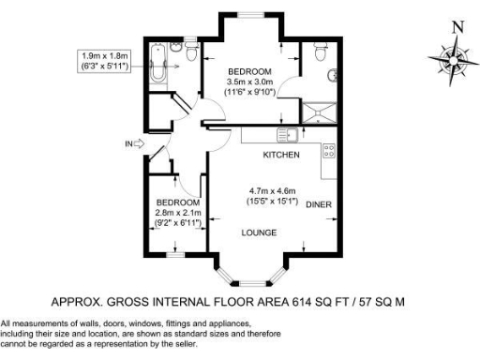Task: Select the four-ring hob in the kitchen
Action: [329, 150]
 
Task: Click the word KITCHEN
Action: [280, 153]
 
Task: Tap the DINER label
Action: [319, 203]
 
